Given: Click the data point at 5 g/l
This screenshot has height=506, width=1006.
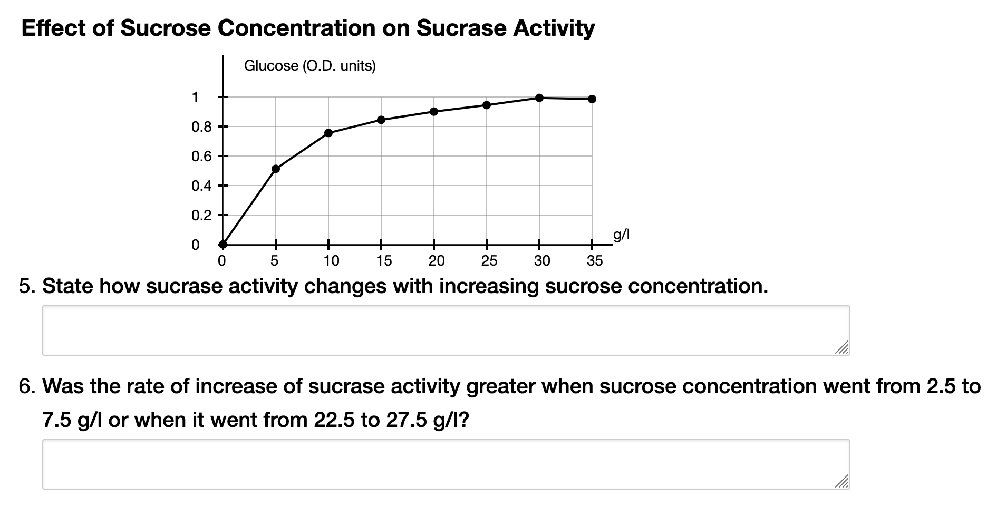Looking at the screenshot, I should click(x=275, y=169).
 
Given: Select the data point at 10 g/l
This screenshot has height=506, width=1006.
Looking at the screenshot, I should click(x=328, y=133).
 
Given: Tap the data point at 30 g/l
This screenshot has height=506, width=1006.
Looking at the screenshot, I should click(x=539, y=98).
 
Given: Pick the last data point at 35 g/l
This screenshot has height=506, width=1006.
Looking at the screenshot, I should click(x=592, y=99).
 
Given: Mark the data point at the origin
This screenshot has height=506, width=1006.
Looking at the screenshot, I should click(x=223, y=244).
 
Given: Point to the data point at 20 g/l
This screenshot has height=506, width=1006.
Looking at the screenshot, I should click(x=433, y=111).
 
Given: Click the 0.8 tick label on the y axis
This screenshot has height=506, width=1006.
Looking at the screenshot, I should click(x=201, y=127).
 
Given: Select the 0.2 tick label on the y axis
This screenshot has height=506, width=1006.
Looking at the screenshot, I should click(x=201, y=216).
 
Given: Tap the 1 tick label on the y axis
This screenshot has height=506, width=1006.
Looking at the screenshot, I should click(x=195, y=98).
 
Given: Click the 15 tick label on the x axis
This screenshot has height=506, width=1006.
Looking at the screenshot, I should click(x=384, y=261).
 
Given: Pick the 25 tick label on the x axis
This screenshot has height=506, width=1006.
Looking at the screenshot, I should click(x=489, y=261).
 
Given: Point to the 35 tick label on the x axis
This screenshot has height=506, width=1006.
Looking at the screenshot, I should click(x=594, y=261).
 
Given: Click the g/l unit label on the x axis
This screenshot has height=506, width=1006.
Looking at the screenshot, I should click(x=621, y=235).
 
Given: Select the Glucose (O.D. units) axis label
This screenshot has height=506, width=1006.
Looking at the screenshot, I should click(x=309, y=66).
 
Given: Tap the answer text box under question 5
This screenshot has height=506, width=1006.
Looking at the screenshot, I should click(x=446, y=330).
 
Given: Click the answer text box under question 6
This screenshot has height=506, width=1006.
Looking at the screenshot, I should click(x=446, y=464).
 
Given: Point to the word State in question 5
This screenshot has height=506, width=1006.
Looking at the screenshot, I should click(x=66, y=286).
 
